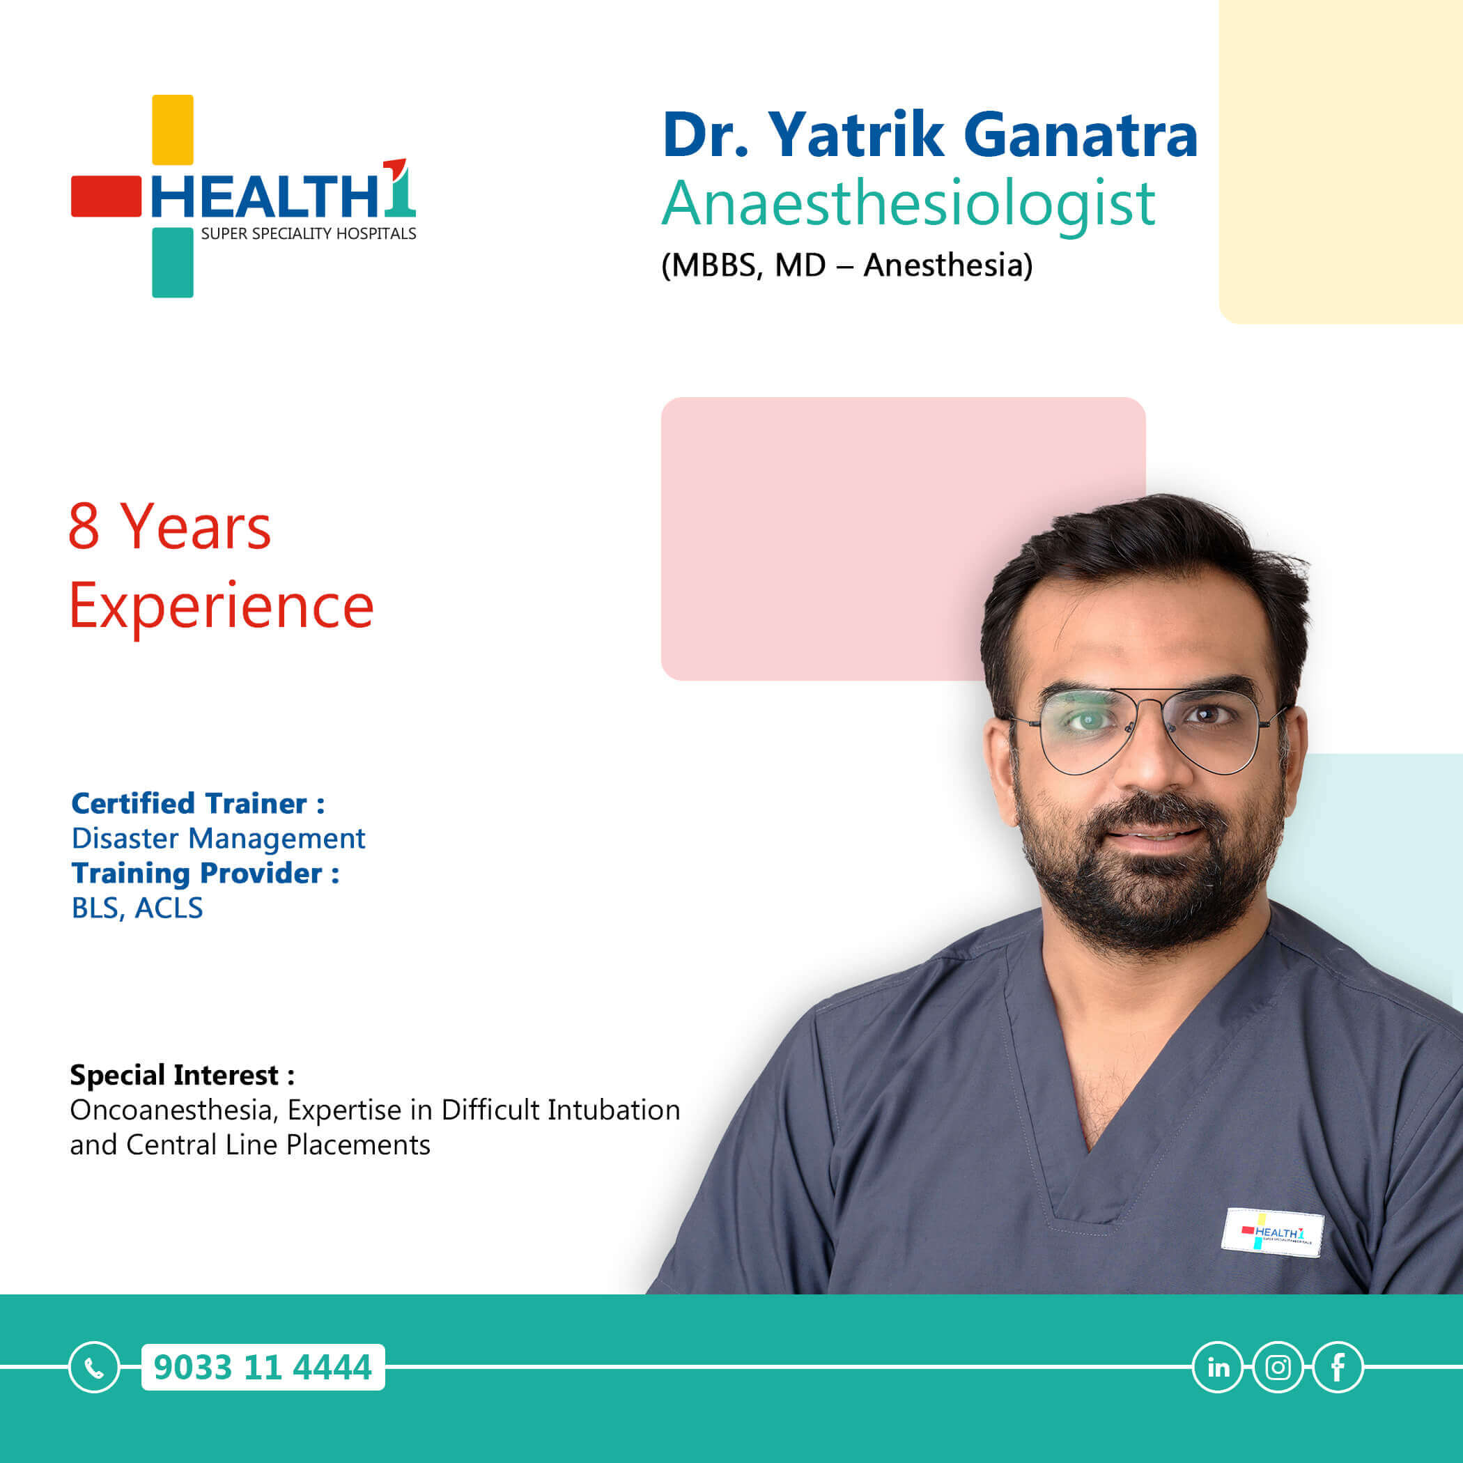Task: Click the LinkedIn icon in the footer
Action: coord(1218,1367)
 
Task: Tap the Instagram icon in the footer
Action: coord(1278,1367)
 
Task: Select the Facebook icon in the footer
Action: coord(1338,1367)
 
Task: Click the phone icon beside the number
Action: coord(94,1367)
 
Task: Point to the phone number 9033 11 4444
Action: coord(263,1367)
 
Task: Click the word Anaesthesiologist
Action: coord(908,203)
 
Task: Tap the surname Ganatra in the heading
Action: coord(1081,134)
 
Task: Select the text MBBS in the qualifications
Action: coord(712,265)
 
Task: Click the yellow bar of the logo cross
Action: coord(173,130)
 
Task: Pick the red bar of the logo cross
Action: coord(106,196)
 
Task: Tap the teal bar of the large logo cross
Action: coord(173,262)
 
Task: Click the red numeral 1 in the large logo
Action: coord(399,186)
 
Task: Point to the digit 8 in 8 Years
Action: coord(84,525)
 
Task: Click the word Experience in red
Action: coord(221,607)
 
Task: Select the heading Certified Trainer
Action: coord(198,803)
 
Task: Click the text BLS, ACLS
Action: coord(137,907)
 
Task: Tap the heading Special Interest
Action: coord(183,1074)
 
